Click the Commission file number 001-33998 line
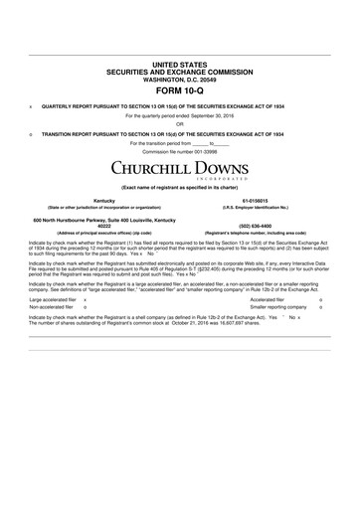coord(180,151)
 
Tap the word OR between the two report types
coord(180,124)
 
